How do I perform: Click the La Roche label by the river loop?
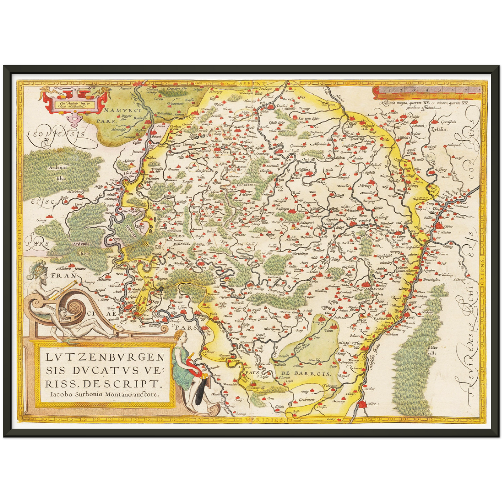click(x=292, y=151)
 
